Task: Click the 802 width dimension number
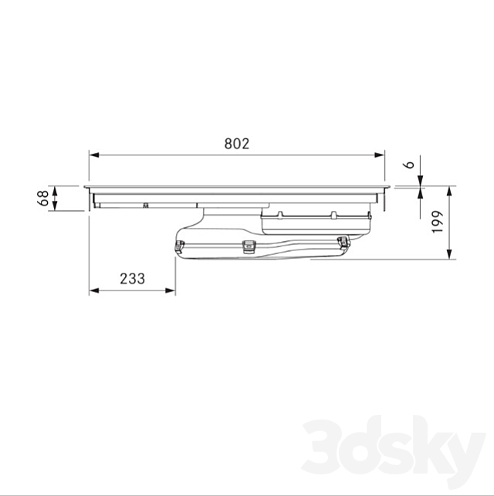(x=237, y=144)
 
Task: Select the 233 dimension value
(x=132, y=279)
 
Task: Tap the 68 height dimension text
(x=44, y=199)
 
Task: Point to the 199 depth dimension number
(x=438, y=223)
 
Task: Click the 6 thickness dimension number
(x=411, y=164)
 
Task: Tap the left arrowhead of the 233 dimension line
(x=94, y=290)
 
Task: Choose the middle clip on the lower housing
(x=249, y=246)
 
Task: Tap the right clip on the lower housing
(x=342, y=243)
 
